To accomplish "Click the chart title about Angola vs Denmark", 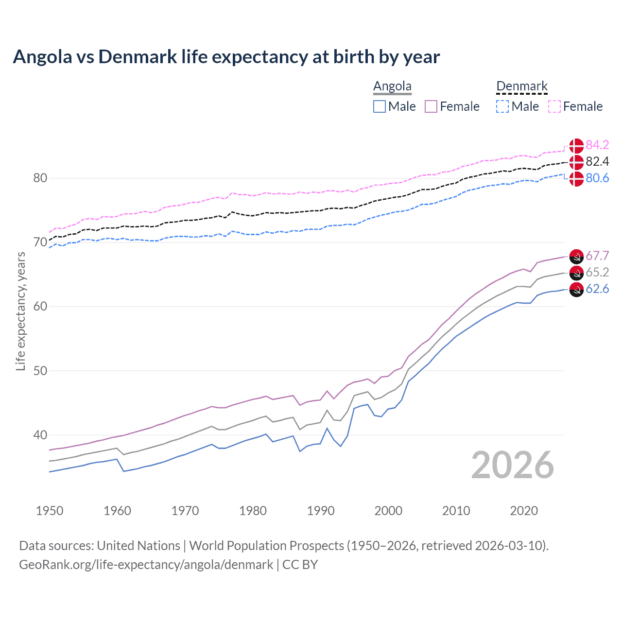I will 226,57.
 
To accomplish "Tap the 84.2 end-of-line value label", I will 597,145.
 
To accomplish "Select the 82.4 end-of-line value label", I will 597,161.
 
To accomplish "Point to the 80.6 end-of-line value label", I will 597,178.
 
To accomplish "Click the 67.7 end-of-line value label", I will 597,256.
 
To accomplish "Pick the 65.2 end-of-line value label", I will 597,272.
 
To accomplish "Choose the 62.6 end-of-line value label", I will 597,289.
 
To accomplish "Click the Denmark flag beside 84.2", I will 576,145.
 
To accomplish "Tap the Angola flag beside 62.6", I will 576,289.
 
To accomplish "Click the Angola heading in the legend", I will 392,86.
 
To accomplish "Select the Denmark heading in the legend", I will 522,86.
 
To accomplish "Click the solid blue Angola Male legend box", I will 380,106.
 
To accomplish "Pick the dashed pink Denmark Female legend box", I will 554,106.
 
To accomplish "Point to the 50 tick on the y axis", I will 40,371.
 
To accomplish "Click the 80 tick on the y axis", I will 40,178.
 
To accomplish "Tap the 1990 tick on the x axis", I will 321,511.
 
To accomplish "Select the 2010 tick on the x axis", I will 456,511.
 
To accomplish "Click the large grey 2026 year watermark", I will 512,465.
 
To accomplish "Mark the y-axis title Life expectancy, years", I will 20,311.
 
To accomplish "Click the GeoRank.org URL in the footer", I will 146,565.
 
